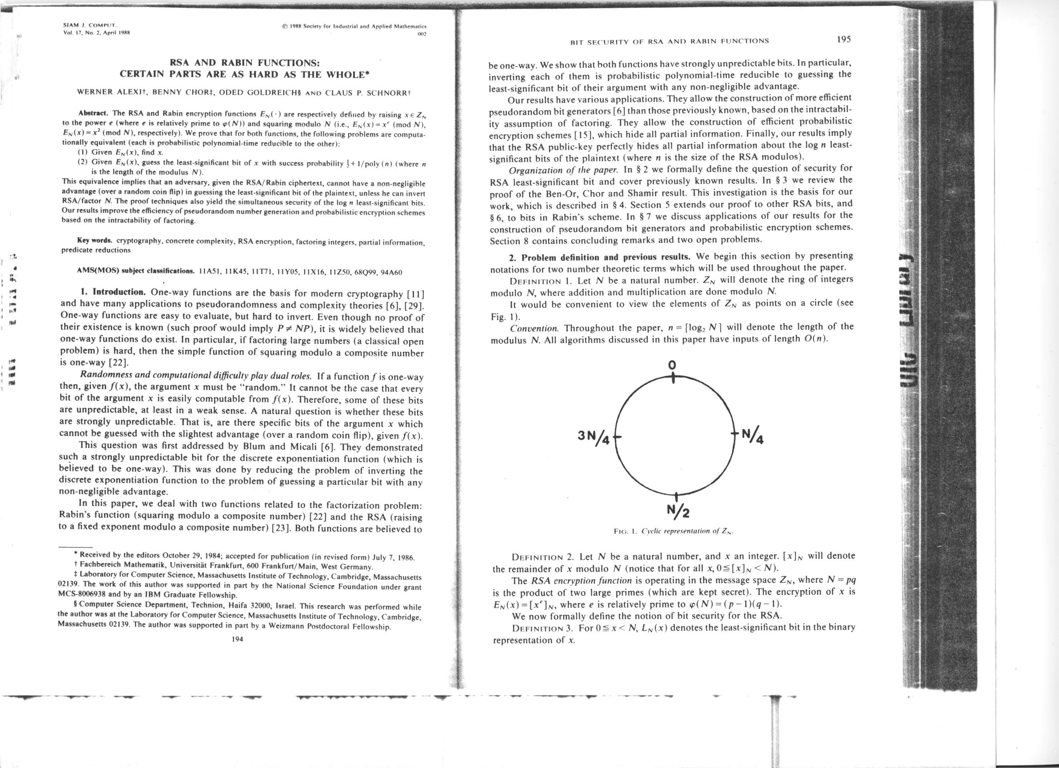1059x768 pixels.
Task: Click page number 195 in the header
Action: pyautogui.click(x=844, y=39)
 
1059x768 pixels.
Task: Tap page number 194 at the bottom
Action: pyautogui.click(x=237, y=639)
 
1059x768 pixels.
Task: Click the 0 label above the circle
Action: pyautogui.click(x=671, y=365)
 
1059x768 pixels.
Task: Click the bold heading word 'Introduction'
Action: pyautogui.click(x=120, y=293)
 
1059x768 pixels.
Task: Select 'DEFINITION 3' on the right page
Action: pyautogui.click(x=542, y=628)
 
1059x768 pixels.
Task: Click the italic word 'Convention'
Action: pyautogui.click(x=534, y=328)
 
